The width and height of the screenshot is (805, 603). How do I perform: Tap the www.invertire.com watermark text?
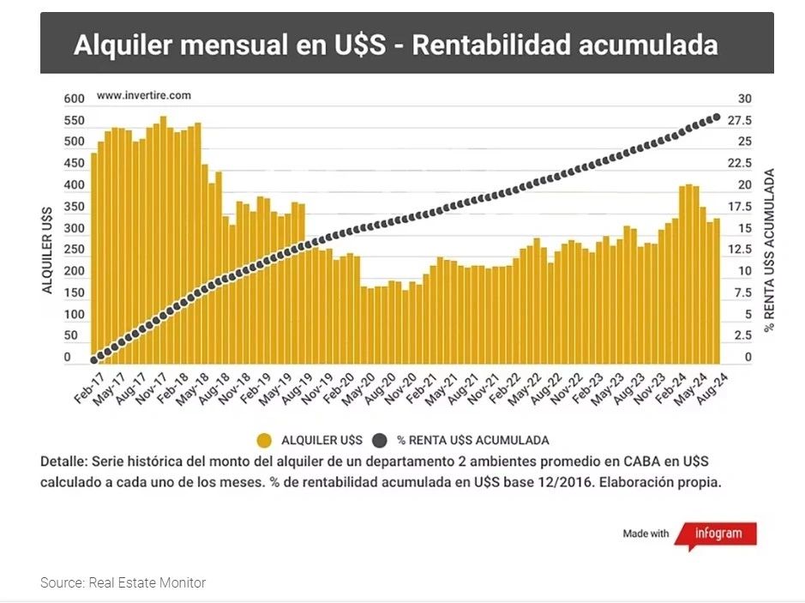[143, 95]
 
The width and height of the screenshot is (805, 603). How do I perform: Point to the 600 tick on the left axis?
[74, 99]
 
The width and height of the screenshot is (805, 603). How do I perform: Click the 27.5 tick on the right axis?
[740, 120]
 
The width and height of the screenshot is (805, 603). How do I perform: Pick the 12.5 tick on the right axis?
[740, 250]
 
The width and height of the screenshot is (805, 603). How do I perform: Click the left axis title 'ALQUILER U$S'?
[48, 250]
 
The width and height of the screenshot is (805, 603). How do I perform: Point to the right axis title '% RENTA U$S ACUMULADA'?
[769, 250]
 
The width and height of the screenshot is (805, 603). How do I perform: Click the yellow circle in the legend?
[264, 440]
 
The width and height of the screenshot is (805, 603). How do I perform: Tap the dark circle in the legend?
[381, 440]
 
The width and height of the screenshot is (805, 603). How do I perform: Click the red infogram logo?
[716, 534]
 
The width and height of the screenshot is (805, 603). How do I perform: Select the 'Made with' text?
[646, 534]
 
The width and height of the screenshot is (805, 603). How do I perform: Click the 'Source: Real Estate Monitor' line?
[123, 583]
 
